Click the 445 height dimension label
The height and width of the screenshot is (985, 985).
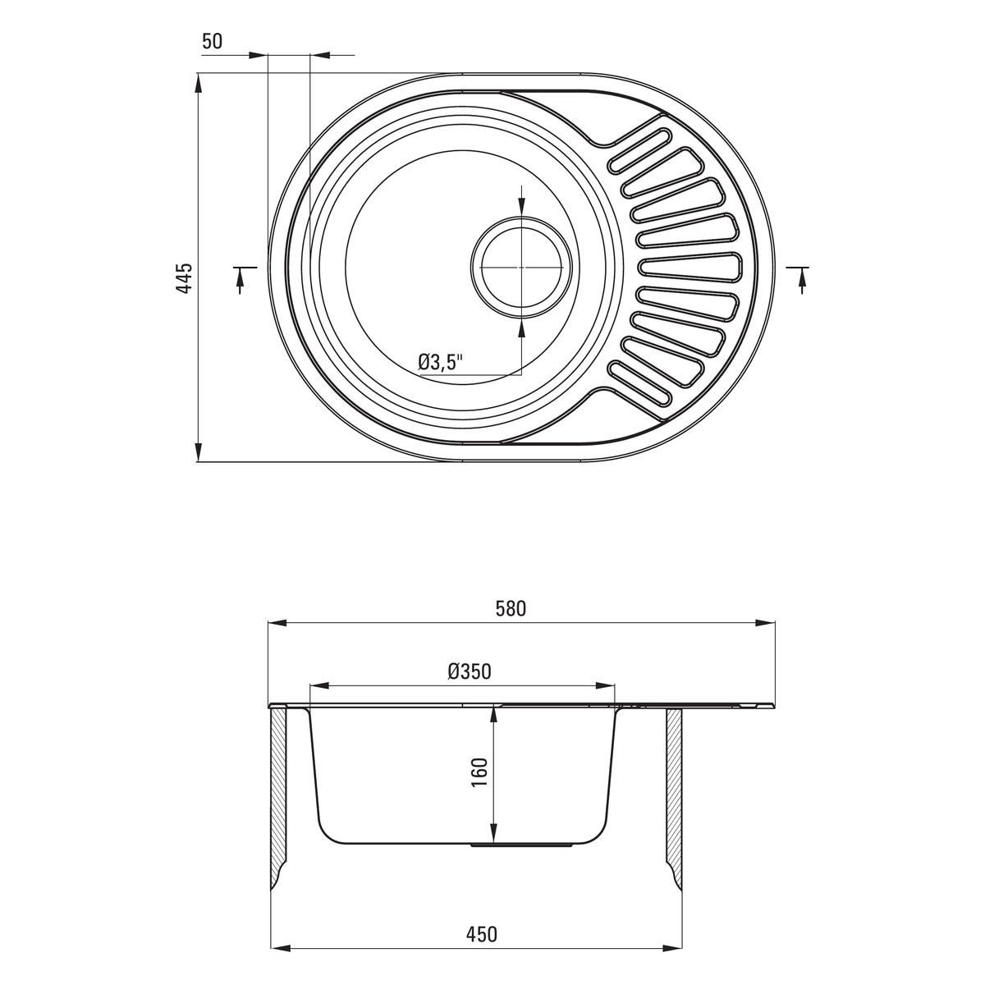pos(184,278)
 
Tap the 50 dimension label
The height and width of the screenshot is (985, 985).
pos(212,41)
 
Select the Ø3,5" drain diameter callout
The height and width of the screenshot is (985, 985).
pos(440,363)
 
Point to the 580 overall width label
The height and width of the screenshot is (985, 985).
pos(511,609)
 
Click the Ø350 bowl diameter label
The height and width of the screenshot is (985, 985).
pos(470,671)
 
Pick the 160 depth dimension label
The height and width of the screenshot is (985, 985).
pos(480,772)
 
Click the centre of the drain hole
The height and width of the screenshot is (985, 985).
pos(521,268)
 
